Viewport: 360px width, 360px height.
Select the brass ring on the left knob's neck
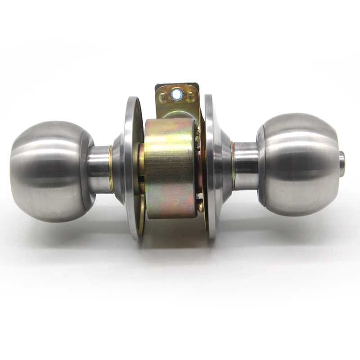(x=110, y=169)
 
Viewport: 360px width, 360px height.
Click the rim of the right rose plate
(x=210, y=166)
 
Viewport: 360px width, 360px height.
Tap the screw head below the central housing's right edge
(x=201, y=207)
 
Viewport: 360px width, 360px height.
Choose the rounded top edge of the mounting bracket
(x=177, y=85)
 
